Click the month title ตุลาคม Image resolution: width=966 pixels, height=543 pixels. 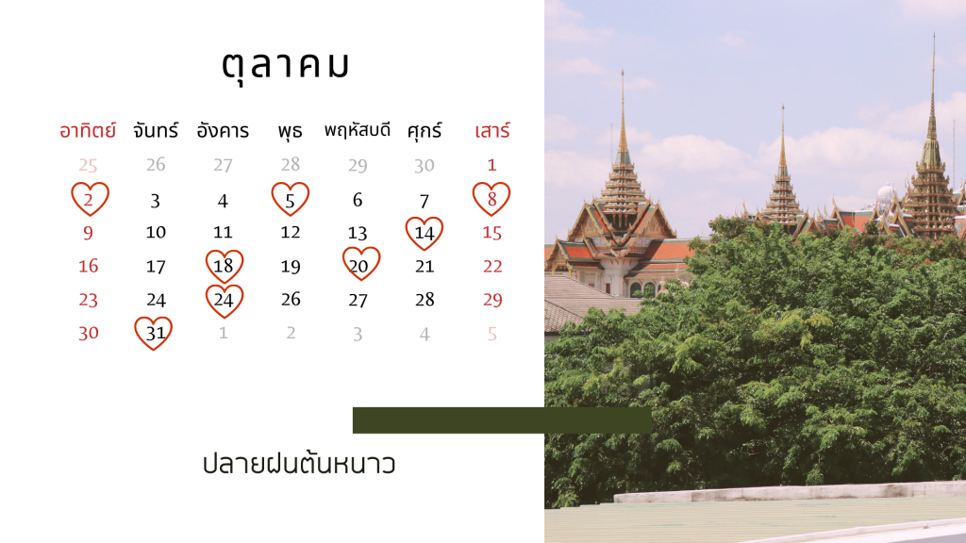[286, 65]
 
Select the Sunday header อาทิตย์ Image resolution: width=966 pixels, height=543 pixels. [88, 130]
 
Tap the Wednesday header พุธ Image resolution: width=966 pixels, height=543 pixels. [290, 131]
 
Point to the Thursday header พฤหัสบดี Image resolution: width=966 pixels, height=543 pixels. [358, 130]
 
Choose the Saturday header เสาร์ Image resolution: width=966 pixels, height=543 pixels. [492, 130]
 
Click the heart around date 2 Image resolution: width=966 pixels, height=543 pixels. [73, 198]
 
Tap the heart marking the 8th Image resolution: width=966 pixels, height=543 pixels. [475, 198]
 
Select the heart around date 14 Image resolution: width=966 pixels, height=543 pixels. [408, 233]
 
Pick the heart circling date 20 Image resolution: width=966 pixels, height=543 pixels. [344, 264]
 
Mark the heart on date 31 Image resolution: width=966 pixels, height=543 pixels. [137, 333]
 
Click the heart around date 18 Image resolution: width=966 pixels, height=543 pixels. [208, 266]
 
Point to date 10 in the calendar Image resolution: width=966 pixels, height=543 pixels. [156, 232]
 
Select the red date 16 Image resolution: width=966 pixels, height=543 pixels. [88, 266]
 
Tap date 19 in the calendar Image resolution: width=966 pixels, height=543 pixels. [291, 266]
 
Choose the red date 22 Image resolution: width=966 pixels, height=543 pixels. [492, 266]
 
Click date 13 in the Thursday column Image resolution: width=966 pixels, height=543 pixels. [358, 233]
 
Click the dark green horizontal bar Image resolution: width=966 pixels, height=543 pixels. [502, 420]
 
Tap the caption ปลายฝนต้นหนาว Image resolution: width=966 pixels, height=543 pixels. [299, 464]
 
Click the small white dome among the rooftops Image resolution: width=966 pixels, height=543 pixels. [886, 196]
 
